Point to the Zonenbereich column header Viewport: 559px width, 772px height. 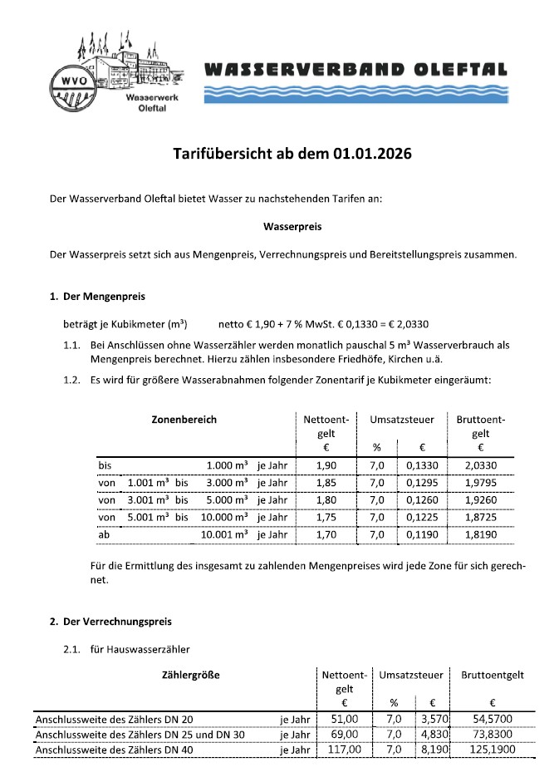[x=184, y=420]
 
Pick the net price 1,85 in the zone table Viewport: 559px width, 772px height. [x=326, y=483]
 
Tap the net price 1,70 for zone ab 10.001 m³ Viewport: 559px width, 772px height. [x=326, y=535]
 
